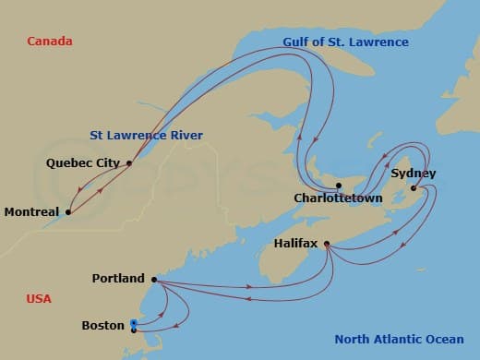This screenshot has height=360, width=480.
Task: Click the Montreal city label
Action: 32,211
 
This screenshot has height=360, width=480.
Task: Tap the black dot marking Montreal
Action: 68,211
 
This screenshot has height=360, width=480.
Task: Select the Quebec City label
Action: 83,163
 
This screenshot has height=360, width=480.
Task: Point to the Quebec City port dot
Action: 128,163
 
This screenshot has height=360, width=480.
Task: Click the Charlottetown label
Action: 338,198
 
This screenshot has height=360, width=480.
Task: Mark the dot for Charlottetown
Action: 339,186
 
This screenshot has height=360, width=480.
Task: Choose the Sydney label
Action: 414,174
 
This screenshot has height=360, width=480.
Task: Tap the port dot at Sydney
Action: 413,188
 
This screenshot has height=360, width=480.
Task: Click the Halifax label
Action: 295,244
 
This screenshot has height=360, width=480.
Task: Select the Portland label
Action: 118,279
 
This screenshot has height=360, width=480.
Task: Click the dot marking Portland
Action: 153,279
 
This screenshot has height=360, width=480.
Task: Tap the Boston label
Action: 102,325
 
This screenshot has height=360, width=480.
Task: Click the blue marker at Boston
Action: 134,323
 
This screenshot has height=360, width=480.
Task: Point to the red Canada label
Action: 50,42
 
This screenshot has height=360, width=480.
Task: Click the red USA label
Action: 39,299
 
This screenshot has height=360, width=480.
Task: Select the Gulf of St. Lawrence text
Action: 346,42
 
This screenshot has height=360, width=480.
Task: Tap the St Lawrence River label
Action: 146,136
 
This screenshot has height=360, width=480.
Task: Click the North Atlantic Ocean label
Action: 397,339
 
